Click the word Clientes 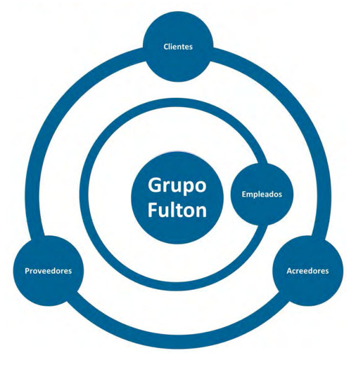[178, 46]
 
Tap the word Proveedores [48, 271]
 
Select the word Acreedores [307, 271]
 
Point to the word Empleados [262, 194]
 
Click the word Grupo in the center [177, 186]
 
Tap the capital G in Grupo [155, 184]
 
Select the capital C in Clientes [166, 46]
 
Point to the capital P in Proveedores [27, 271]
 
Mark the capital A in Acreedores [289, 271]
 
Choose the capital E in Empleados [244, 194]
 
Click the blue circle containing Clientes [178, 46]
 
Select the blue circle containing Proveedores [48, 271]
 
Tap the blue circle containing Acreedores [308, 271]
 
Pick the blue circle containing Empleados [262, 194]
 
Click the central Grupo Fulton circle [177, 198]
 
